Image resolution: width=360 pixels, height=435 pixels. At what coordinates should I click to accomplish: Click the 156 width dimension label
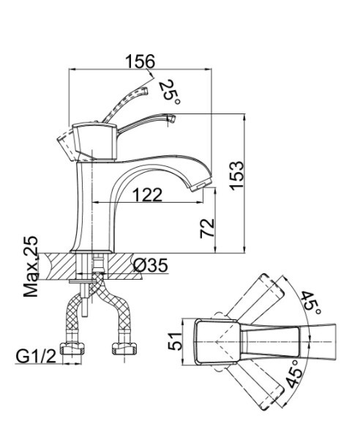click(x=140, y=61)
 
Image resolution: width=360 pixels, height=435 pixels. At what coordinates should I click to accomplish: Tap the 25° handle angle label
click(x=169, y=92)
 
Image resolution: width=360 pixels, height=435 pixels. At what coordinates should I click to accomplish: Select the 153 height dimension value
click(x=237, y=175)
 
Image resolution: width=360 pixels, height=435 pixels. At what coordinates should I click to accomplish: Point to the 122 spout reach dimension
click(x=147, y=195)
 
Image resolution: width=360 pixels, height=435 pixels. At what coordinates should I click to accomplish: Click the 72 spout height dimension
click(x=207, y=228)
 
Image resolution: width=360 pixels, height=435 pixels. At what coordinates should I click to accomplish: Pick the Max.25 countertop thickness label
click(x=31, y=267)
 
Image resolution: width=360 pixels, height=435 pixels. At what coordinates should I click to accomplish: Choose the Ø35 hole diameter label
click(x=151, y=265)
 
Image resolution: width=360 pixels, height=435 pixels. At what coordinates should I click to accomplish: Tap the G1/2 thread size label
click(x=36, y=357)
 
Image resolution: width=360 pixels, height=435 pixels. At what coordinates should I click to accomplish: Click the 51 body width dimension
click(x=176, y=341)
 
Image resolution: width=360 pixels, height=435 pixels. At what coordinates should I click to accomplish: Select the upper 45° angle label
click(x=311, y=302)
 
